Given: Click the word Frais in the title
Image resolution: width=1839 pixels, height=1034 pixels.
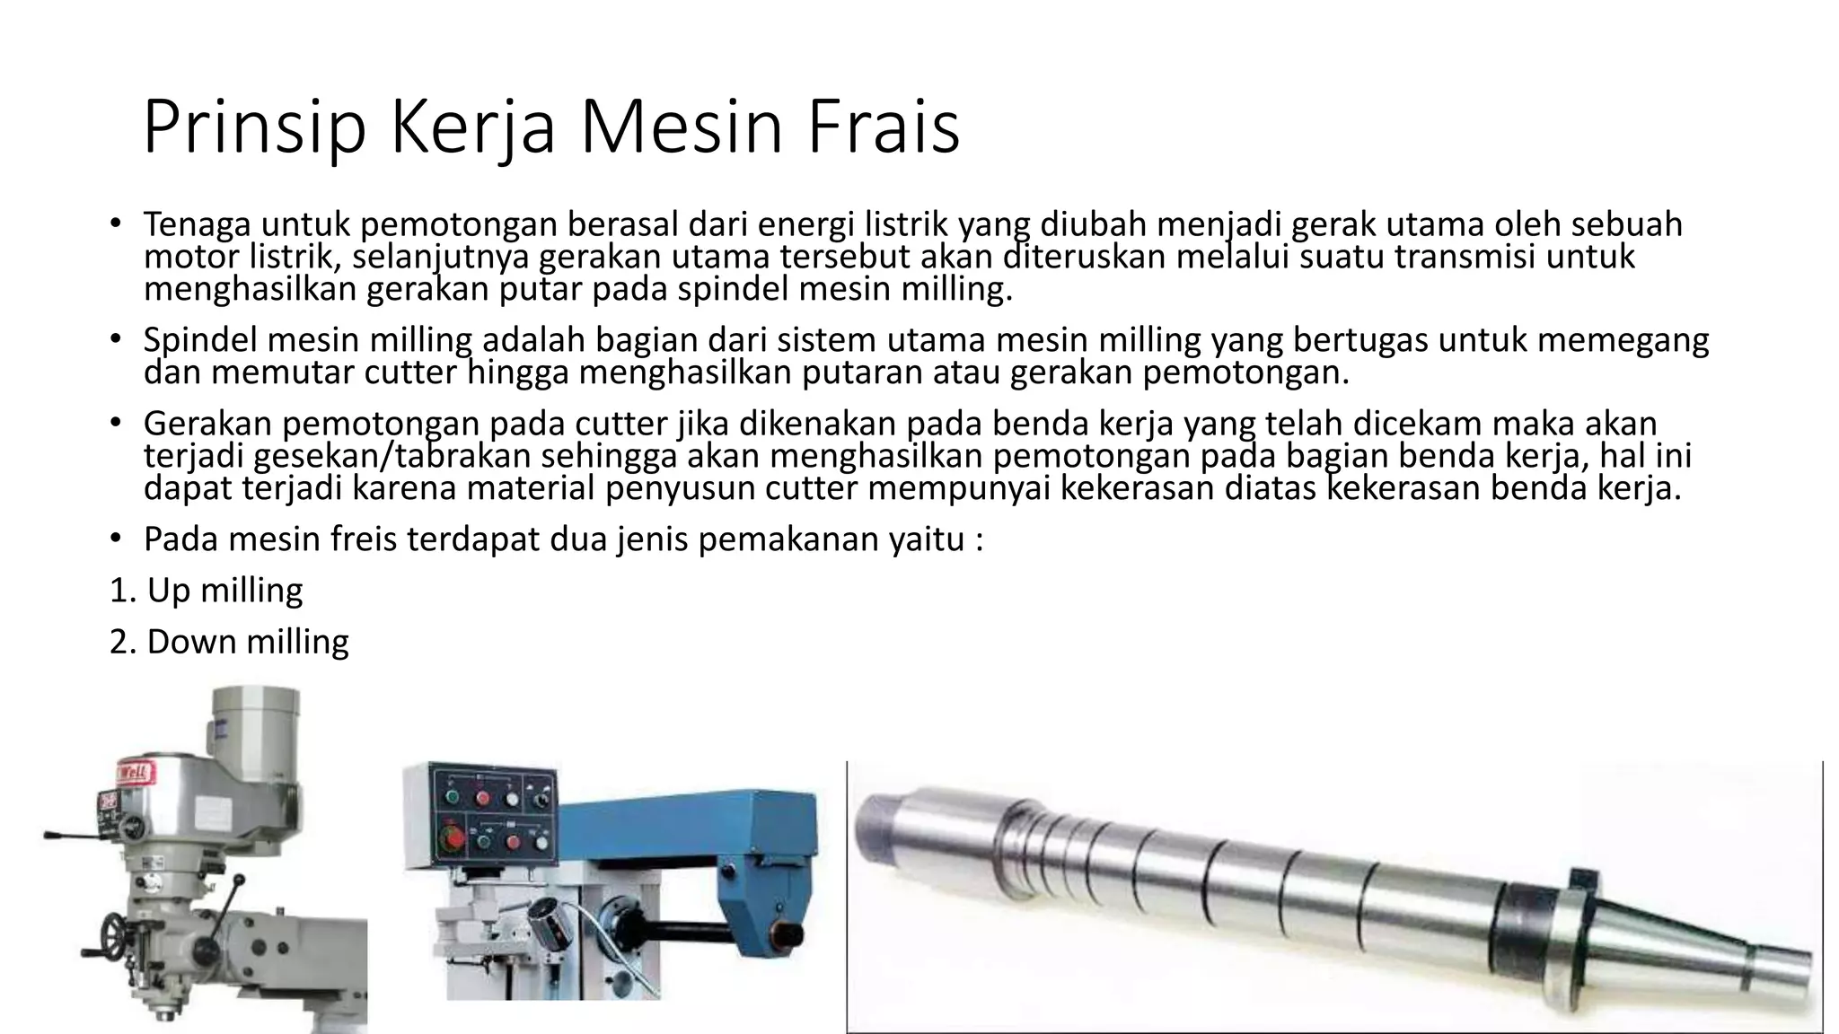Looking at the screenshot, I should (884, 127).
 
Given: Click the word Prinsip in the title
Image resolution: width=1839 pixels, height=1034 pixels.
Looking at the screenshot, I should (254, 127).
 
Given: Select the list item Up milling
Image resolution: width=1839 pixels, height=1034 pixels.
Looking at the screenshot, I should (207, 591).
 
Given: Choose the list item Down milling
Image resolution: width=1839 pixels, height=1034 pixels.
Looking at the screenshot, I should (229, 642).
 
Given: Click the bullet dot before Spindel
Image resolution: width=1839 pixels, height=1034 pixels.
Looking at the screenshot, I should (115, 340).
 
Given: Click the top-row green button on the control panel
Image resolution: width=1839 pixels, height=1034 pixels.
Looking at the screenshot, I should (453, 798).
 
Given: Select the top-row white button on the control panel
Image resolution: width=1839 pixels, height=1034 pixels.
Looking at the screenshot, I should (512, 798).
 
